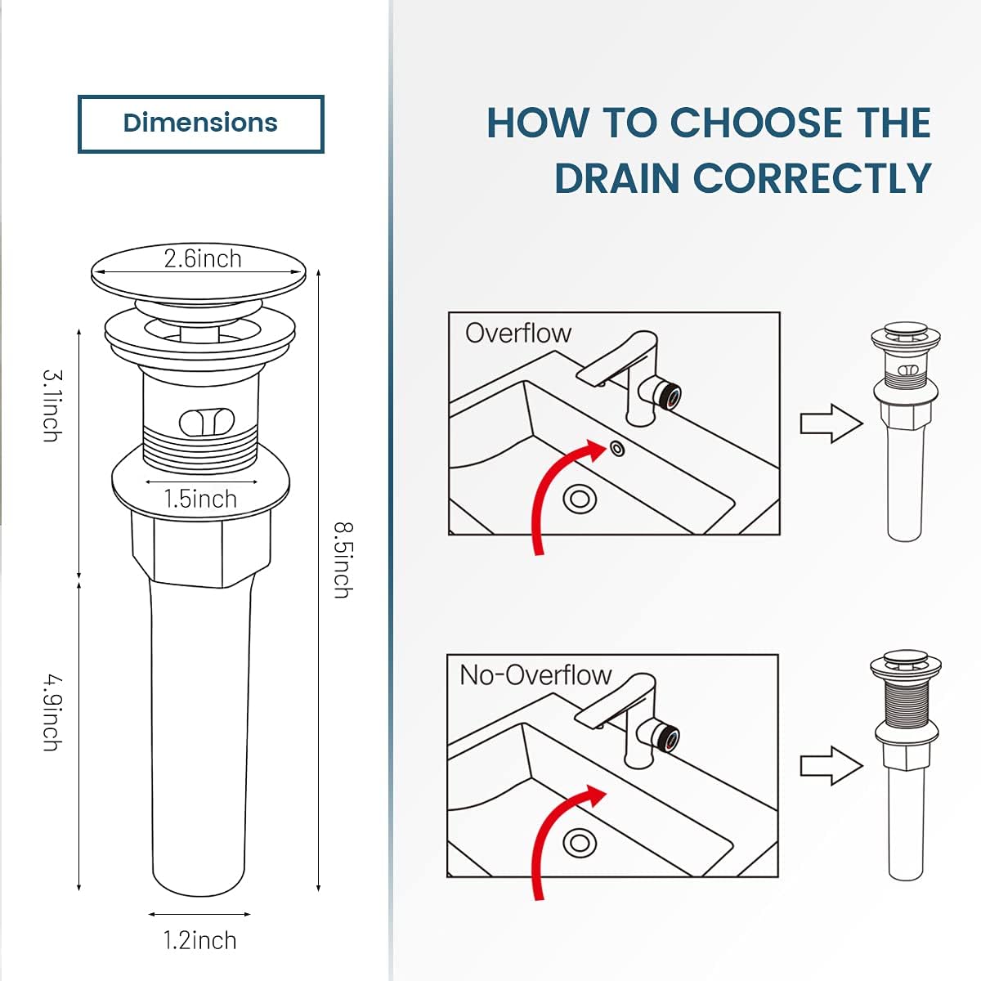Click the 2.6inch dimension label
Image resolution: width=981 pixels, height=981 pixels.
[202, 259]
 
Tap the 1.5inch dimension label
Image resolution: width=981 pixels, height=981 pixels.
[200, 499]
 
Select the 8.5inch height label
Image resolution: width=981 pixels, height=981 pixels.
[342, 560]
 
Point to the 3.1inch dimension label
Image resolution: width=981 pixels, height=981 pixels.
[52, 406]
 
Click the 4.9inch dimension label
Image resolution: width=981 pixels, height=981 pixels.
[52, 712]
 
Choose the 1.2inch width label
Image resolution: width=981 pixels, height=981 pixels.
[199, 940]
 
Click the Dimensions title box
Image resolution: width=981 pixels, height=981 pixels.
[200, 123]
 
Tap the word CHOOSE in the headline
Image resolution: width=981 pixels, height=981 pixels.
[756, 123]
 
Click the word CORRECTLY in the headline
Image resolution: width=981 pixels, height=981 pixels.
[812, 179]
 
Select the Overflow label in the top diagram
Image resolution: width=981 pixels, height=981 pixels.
[517, 334]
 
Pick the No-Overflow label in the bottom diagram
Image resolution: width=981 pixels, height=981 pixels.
[535, 675]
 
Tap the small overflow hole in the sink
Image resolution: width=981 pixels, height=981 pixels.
[616, 448]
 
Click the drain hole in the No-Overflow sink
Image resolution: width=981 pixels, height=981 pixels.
[580, 842]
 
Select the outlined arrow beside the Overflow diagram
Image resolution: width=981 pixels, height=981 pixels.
[831, 423]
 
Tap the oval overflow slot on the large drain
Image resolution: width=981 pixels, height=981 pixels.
[207, 422]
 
